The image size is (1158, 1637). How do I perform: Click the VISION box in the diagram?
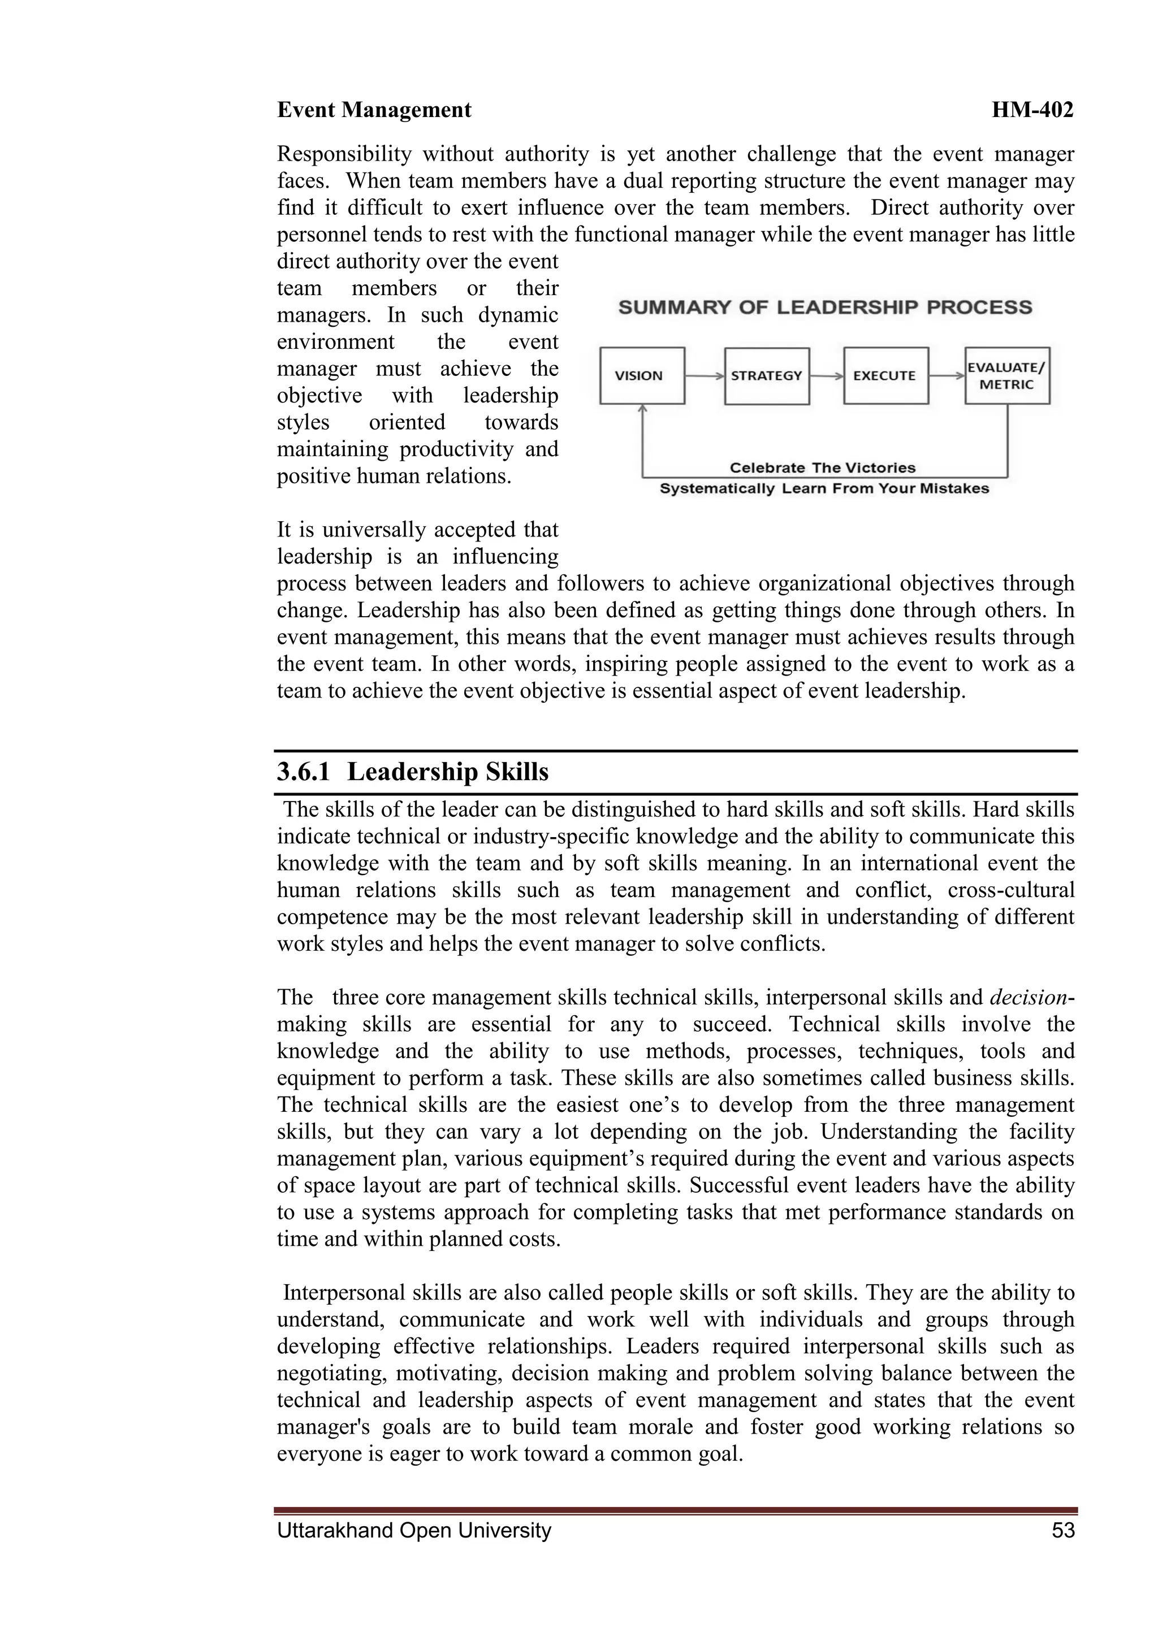pos(642,376)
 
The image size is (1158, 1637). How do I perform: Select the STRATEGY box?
pos(767,376)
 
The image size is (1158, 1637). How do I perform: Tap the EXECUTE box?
pos(885,376)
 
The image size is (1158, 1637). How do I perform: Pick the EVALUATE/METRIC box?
pos(1007,376)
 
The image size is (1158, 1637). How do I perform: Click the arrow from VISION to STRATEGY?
pos(705,376)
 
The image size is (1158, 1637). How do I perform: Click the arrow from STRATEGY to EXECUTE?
pos(827,376)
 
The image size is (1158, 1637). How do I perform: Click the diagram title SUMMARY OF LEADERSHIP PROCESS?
pos(825,308)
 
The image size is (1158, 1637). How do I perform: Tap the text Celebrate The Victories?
pos(822,467)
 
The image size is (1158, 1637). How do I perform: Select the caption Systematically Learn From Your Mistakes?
pos(824,489)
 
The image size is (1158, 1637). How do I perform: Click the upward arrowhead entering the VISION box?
pos(642,409)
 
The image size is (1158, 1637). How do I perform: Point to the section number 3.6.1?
pos(303,772)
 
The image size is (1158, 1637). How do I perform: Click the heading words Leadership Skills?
pos(448,772)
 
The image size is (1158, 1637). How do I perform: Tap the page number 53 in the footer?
pos(1062,1531)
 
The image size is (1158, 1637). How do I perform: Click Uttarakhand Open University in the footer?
pos(413,1531)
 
